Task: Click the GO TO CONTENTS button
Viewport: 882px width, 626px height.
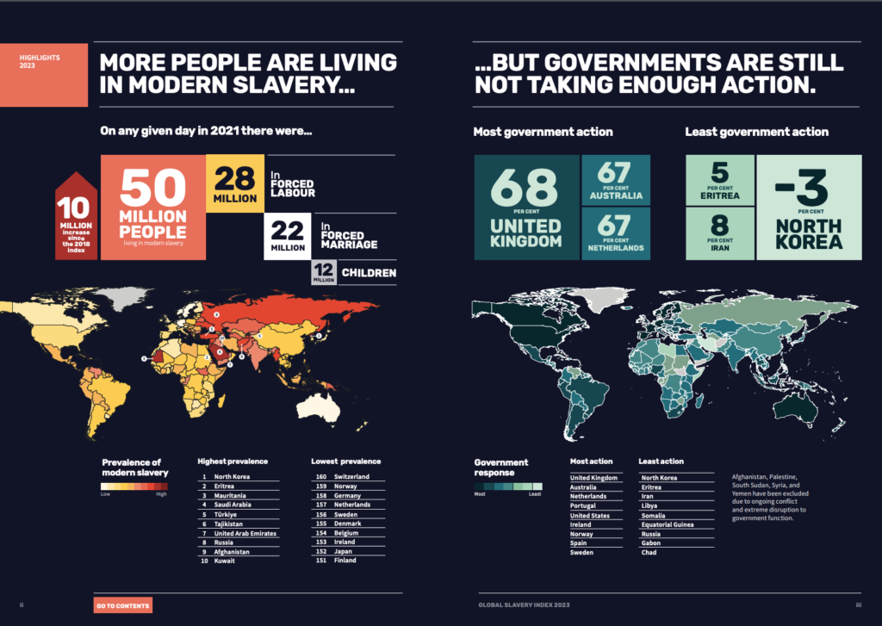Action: pos(122,605)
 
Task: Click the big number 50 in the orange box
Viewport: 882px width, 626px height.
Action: pos(153,187)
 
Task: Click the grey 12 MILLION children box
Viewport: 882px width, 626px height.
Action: pos(324,273)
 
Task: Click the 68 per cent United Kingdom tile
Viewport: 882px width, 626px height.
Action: pos(526,208)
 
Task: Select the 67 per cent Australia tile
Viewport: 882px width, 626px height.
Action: pos(616,180)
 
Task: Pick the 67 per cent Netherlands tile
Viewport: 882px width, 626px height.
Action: pos(616,233)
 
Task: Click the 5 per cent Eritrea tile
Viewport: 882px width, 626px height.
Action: pos(720,180)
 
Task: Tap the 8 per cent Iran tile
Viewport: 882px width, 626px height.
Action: pos(720,233)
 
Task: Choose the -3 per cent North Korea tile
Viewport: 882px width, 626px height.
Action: pos(809,208)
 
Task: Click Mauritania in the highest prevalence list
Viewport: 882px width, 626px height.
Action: pos(231,496)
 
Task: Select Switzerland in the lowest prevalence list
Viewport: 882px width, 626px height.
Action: pos(351,476)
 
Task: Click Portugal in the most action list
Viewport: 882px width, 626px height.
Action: pos(582,505)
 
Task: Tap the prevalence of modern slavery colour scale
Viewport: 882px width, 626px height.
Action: pos(134,487)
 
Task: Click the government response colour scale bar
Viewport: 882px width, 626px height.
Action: pos(506,487)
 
